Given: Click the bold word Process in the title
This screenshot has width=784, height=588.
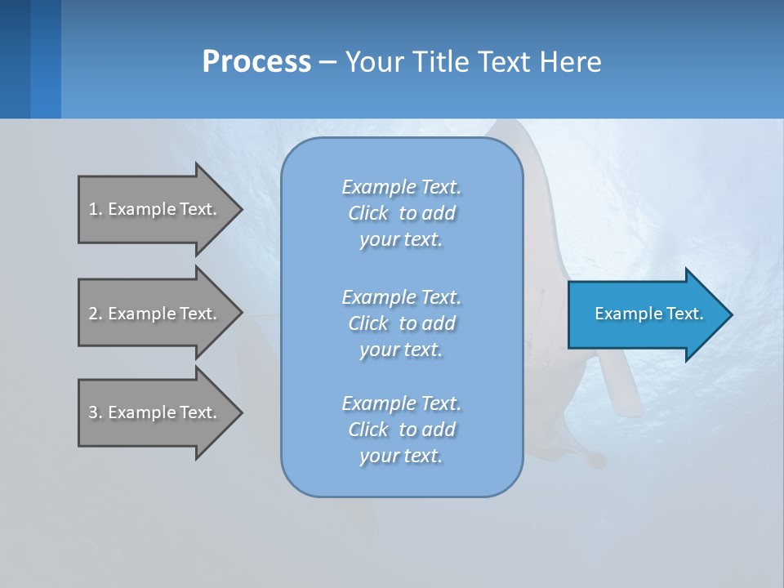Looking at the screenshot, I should coord(256,62).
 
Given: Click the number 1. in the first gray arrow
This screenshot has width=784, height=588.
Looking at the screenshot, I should coord(95,209).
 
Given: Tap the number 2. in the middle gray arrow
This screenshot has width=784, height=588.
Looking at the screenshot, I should coord(95,314).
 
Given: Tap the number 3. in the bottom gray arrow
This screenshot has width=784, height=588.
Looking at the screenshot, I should coord(95,412).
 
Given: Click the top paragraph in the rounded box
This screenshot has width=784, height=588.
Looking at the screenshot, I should coord(402,213).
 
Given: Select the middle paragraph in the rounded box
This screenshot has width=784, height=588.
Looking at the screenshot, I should coord(402,323).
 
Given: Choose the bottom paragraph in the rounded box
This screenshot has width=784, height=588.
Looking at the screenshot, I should coord(402,430).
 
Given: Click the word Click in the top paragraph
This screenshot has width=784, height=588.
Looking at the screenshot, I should coord(368,213).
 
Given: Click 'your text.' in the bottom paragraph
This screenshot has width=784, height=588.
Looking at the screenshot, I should coord(401,456).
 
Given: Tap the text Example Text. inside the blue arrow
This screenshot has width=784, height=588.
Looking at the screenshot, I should coord(649,314).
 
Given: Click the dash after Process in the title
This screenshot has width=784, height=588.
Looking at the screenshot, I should coord(327,62).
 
